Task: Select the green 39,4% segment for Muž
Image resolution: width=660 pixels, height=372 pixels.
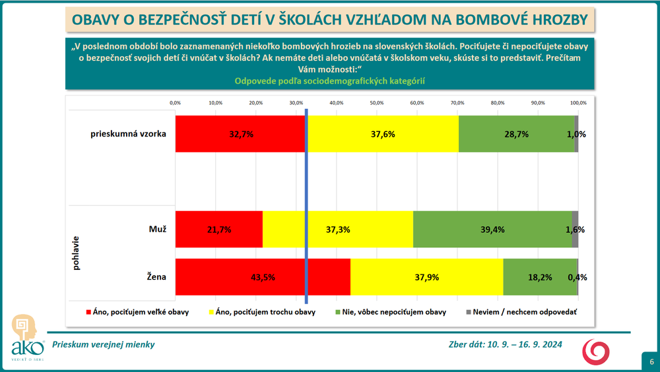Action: [492, 229]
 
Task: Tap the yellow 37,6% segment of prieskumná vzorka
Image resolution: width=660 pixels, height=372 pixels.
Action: [383, 133]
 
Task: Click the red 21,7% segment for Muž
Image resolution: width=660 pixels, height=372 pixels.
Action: [218, 229]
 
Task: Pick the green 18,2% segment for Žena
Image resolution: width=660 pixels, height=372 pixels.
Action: [540, 277]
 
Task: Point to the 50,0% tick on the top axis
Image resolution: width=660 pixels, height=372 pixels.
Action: [377, 103]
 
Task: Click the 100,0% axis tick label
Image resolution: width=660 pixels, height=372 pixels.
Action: [578, 103]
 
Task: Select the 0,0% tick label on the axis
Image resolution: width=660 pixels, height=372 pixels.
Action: [176, 103]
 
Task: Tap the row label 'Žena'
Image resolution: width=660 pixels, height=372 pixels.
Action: [156, 277]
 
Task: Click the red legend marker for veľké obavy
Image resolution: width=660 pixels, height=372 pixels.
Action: [89, 312]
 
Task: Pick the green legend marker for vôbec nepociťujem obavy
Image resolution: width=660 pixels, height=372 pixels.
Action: [338, 312]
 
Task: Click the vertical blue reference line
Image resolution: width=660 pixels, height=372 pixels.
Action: [306, 198]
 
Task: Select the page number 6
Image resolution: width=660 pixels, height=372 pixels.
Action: [651, 362]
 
